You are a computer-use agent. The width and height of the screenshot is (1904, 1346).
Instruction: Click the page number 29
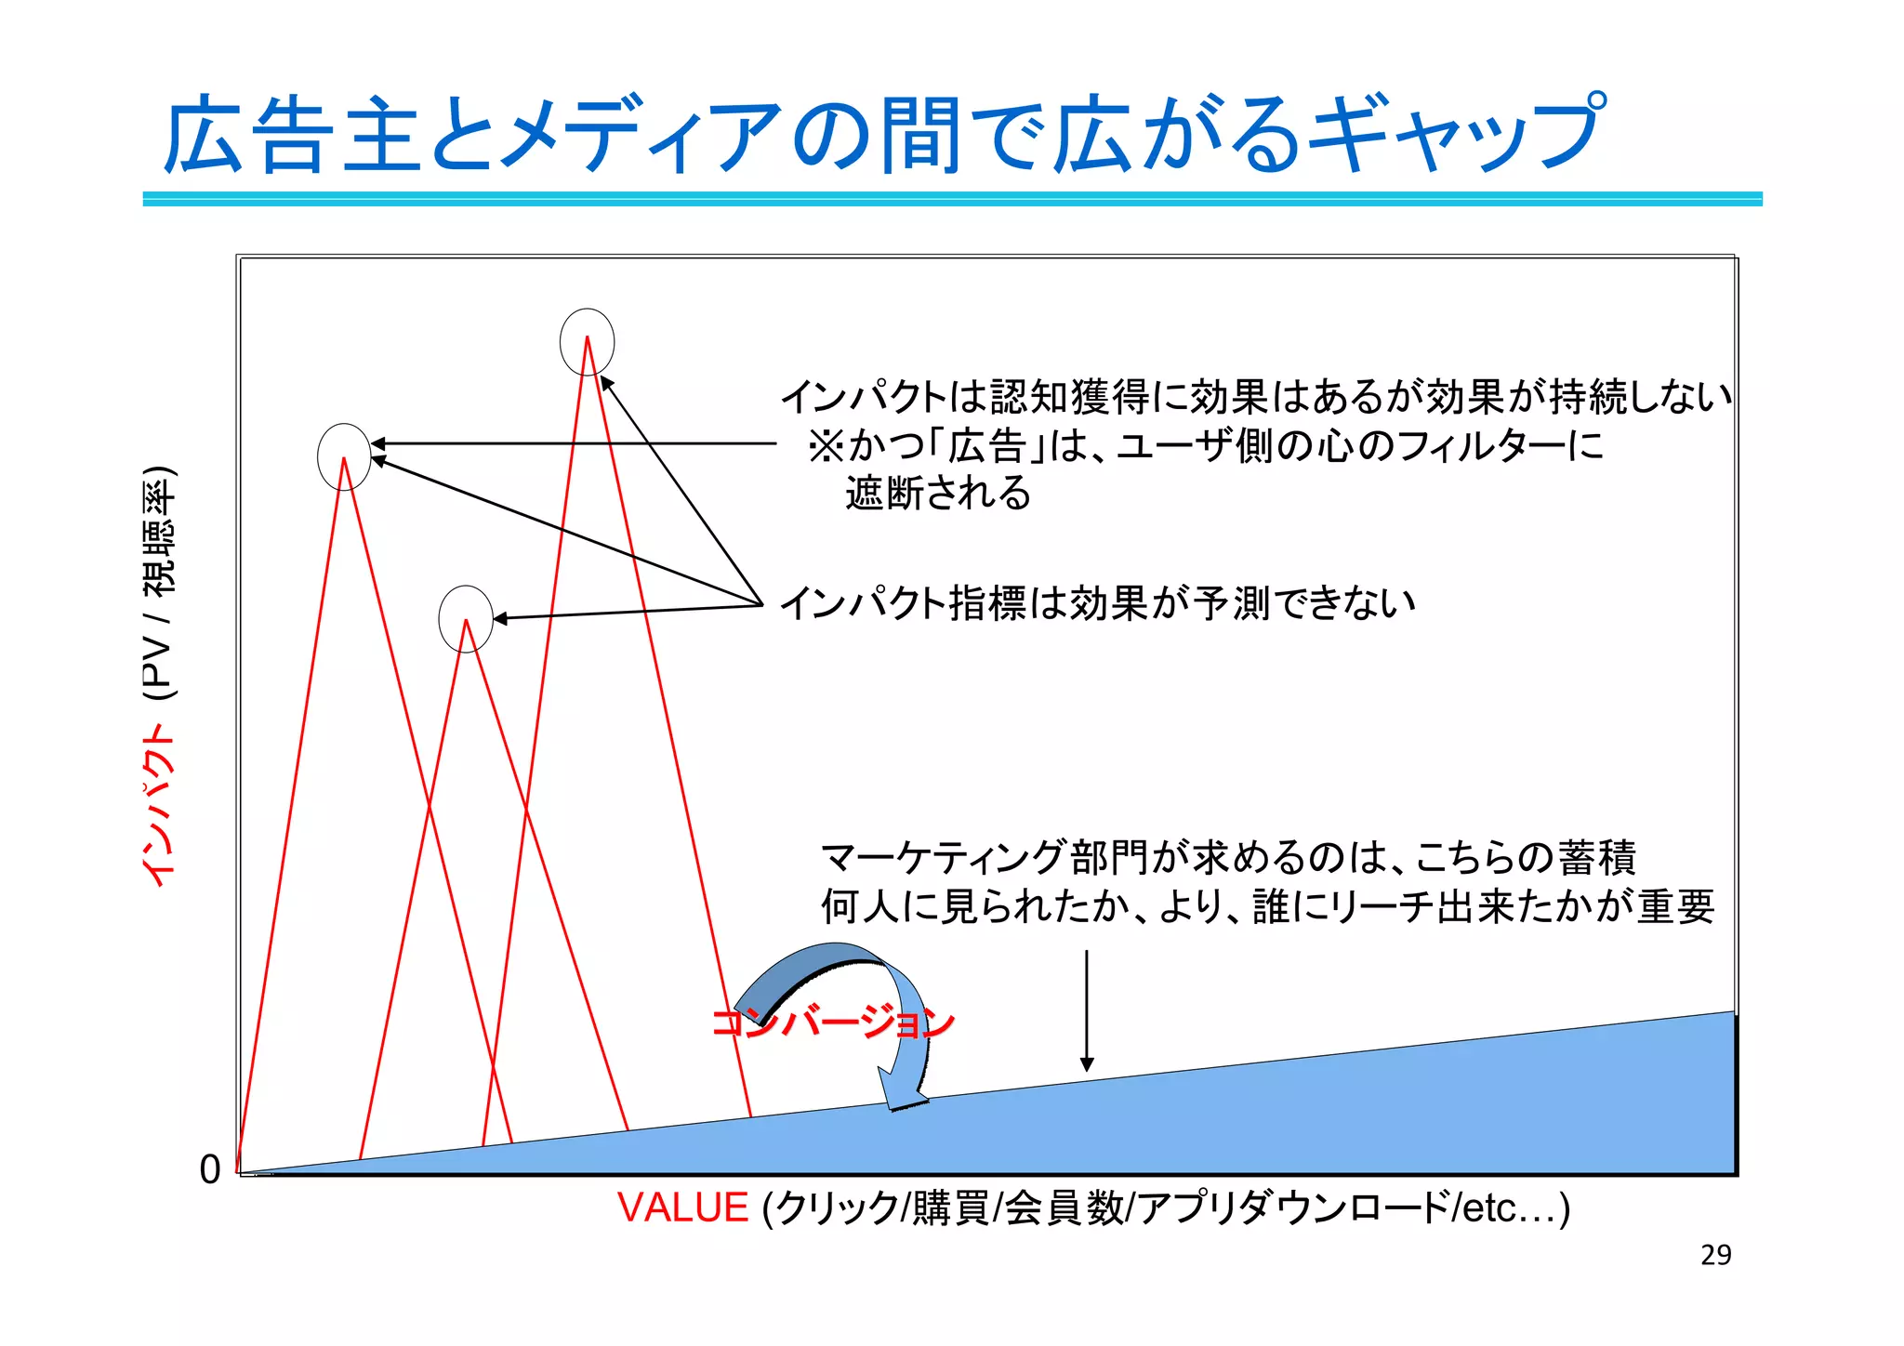click(1715, 1255)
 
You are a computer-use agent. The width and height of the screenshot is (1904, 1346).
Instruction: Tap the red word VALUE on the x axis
click(682, 1207)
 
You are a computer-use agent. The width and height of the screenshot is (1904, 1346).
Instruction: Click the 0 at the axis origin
click(210, 1169)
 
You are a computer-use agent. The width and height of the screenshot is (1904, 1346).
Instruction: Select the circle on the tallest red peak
click(587, 342)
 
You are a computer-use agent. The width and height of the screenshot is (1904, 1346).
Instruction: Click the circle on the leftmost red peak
click(344, 456)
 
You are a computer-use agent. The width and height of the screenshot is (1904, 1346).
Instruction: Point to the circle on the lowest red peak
click(466, 618)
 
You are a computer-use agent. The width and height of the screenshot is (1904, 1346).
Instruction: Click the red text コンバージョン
click(832, 1023)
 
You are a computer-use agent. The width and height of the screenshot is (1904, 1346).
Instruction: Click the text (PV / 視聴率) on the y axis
click(158, 582)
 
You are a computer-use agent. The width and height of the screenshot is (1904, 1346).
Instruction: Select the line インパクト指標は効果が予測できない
click(1097, 603)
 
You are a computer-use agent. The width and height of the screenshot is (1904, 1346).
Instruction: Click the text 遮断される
click(937, 493)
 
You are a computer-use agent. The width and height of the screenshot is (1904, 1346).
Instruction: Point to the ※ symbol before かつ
click(825, 446)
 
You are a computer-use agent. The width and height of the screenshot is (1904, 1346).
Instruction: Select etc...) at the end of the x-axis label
click(1515, 1207)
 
